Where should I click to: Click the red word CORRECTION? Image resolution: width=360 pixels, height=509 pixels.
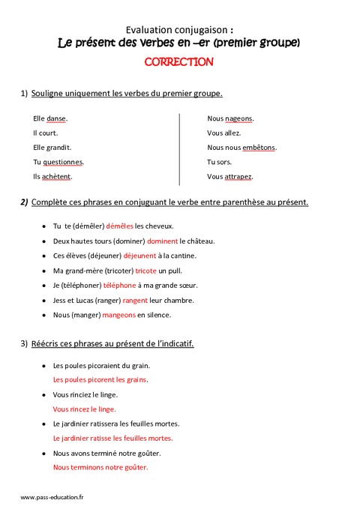(178, 62)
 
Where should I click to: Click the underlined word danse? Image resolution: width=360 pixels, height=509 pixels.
(56, 118)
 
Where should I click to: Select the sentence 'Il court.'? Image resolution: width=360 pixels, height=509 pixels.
(46, 133)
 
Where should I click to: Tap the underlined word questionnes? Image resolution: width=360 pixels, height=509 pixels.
(63, 162)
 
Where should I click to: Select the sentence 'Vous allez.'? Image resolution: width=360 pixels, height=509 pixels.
(223, 133)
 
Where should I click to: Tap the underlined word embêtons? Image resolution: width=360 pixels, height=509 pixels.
(259, 148)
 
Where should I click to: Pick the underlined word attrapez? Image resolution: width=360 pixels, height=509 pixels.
(238, 176)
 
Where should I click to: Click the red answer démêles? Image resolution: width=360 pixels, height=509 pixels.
(120, 226)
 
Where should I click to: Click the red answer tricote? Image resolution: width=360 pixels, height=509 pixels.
(145, 271)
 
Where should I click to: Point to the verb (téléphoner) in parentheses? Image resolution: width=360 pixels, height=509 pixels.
(82, 286)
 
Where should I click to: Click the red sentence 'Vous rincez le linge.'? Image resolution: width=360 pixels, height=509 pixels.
(84, 409)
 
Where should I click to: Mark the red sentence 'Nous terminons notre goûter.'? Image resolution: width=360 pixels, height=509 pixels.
(100, 467)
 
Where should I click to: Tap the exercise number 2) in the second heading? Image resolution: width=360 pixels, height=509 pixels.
(24, 202)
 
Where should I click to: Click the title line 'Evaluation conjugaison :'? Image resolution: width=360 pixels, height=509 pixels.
(178, 28)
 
